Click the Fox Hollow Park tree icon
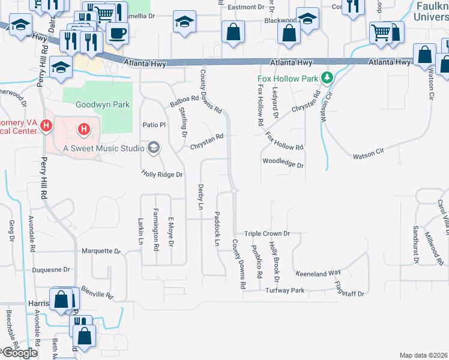327,77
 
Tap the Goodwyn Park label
103,104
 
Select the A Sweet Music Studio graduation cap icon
154,148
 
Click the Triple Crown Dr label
267,233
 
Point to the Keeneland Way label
318,273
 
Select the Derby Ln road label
201,197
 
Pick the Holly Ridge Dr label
161,174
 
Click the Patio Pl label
153,125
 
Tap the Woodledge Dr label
283,164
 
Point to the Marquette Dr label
101,251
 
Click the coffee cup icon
117,32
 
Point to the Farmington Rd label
155,229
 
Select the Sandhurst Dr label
415,245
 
